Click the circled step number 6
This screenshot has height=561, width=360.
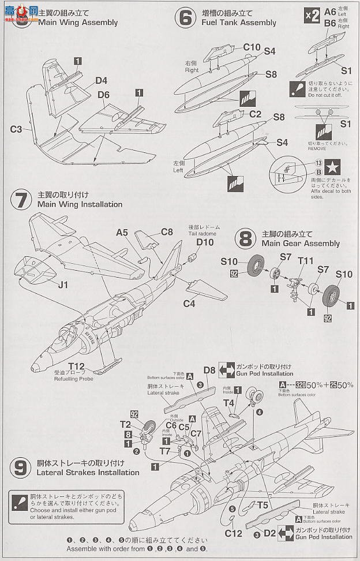[185, 18]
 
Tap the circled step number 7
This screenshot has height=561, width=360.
[21, 199]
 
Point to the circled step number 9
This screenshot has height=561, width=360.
[21, 467]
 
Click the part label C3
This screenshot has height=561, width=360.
[16, 129]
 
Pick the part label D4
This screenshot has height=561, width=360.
[102, 80]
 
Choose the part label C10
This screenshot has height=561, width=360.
[252, 47]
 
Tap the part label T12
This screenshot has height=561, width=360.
[76, 366]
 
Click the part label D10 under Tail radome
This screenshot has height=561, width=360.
[204, 242]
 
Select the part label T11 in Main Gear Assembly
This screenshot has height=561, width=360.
[306, 261]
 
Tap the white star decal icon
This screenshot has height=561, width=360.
[332, 167]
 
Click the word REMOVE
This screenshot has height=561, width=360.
[317, 148]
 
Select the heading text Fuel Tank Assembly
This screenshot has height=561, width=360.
[238, 23]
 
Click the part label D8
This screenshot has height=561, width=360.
[209, 370]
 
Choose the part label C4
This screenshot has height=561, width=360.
[190, 304]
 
